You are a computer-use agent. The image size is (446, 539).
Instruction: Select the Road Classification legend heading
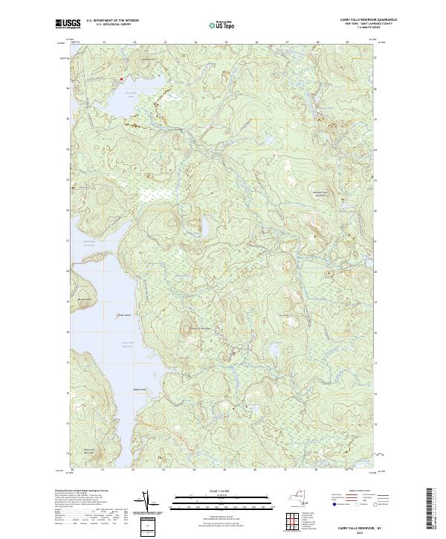click(355, 491)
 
